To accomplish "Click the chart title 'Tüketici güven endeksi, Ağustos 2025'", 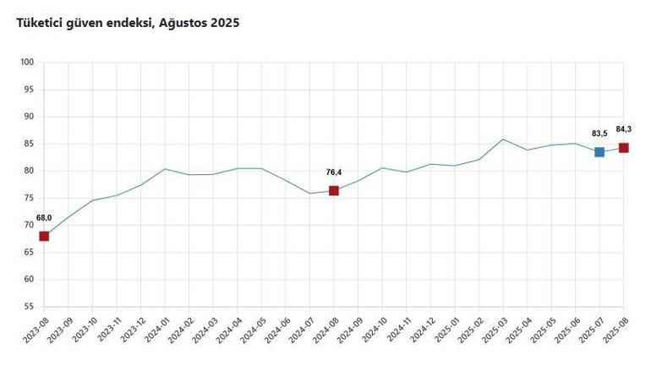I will [129, 24].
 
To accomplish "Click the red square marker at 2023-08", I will [44, 236].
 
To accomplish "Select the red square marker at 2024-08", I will [334, 190].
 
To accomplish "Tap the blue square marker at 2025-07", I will [599, 152].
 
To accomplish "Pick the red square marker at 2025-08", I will [624, 148].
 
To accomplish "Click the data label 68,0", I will [44, 218].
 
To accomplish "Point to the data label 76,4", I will [334, 172].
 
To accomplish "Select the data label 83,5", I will [599, 134].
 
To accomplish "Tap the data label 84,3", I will [624, 129].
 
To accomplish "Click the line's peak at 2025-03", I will [503, 139].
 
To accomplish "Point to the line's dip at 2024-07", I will [309, 194].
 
